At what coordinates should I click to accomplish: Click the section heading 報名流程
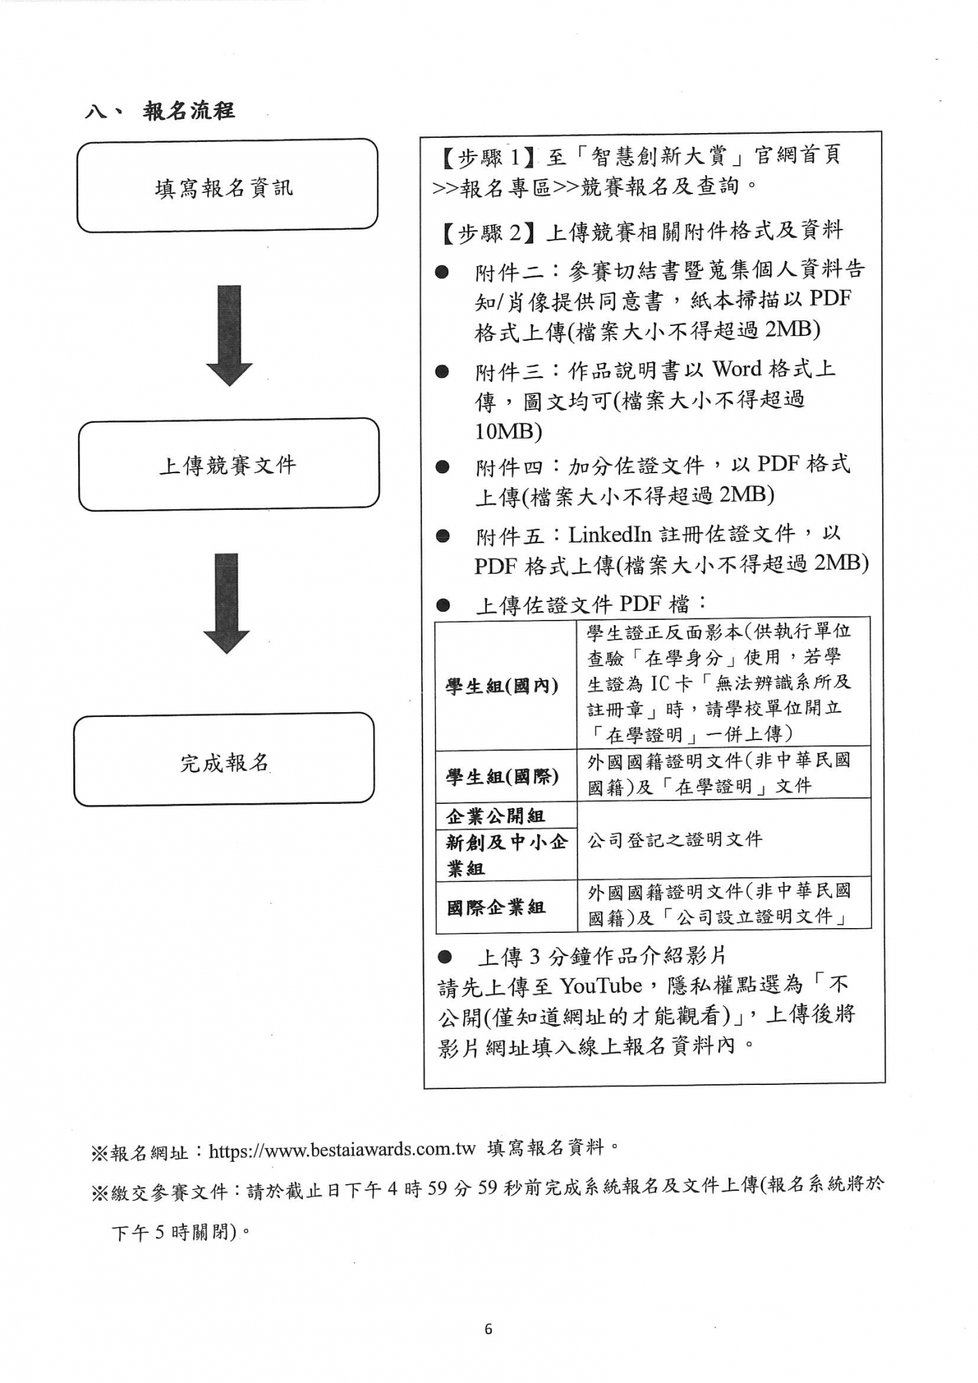pyautogui.click(x=188, y=111)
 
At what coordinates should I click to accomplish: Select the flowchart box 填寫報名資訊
pyautogui.click(x=227, y=186)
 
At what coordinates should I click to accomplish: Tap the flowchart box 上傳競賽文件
pyautogui.click(x=228, y=464)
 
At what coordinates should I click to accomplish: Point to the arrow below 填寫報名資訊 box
pyautogui.click(x=229, y=335)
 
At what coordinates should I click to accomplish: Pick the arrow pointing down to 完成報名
pyautogui.click(x=227, y=604)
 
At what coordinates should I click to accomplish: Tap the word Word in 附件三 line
pyautogui.click(x=737, y=369)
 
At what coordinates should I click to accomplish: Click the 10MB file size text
pyautogui.click(x=508, y=431)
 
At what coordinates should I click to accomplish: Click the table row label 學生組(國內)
pyautogui.click(x=503, y=686)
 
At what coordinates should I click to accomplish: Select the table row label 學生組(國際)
pyautogui.click(x=503, y=775)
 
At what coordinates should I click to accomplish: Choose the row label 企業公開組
pyautogui.click(x=496, y=815)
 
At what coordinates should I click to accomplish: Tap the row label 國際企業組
pyautogui.click(x=496, y=907)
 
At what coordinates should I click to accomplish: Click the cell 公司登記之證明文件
pyautogui.click(x=675, y=840)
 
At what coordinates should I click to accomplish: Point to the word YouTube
pyautogui.click(x=601, y=986)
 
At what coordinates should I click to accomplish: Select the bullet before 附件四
pyautogui.click(x=443, y=467)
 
